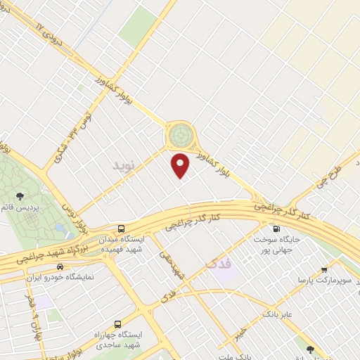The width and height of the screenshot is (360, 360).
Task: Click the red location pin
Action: coord(181,165)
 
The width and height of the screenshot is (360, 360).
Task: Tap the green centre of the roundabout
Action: coord(180,131)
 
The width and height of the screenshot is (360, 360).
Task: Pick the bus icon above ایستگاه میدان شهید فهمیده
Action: coord(122,229)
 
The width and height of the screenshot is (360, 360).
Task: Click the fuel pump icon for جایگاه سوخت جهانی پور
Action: coord(275,228)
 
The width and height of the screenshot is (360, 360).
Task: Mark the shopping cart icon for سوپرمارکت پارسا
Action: coord(324,269)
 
